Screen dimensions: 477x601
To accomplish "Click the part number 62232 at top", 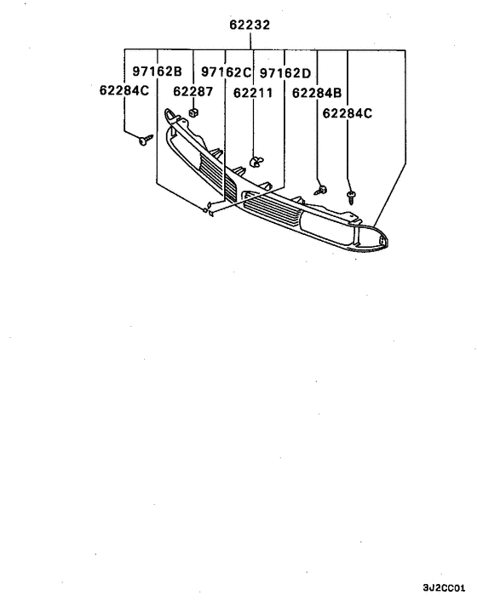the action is click(x=250, y=25).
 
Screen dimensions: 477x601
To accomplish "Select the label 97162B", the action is click(x=158, y=72).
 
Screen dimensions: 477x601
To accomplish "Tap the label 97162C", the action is click(x=227, y=72).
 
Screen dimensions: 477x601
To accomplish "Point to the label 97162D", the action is click(x=285, y=73).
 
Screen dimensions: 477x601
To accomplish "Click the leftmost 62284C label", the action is click(x=124, y=90).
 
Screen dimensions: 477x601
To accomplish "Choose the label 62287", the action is click(x=193, y=91).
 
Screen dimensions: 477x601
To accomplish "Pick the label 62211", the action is click(x=253, y=93).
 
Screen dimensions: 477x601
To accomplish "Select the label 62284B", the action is click(x=317, y=93).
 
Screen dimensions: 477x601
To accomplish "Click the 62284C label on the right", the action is click(x=347, y=113).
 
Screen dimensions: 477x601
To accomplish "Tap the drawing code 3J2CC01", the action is click(x=444, y=588).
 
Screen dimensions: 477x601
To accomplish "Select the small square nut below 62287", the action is click(x=194, y=112).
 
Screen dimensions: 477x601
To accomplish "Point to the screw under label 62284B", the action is click(x=321, y=190).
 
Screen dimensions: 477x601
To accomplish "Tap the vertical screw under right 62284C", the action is click(x=350, y=197).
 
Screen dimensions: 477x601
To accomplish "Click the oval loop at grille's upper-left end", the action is click(x=170, y=115).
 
